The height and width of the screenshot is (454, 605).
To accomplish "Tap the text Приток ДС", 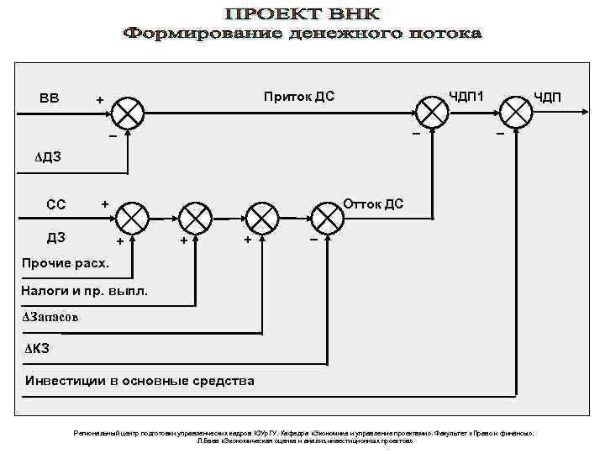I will [x=299, y=96].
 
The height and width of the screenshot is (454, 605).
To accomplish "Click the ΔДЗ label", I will [x=48, y=156].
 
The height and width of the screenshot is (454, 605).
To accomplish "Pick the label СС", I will [x=56, y=204].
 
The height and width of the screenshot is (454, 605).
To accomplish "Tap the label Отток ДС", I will [x=373, y=203].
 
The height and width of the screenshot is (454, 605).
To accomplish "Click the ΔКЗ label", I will [x=37, y=348].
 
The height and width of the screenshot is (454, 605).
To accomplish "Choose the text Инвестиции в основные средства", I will [x=139, y=380].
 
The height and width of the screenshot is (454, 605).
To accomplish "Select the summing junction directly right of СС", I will [x=131, y=220].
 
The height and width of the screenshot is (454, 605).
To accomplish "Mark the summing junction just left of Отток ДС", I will [x=327, y=220].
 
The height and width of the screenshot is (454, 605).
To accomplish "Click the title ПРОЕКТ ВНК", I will [x=302, y=14].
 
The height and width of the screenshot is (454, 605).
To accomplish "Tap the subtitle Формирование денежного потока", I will [x=302, y=34].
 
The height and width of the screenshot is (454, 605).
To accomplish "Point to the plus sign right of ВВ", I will [x=100, y=100].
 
